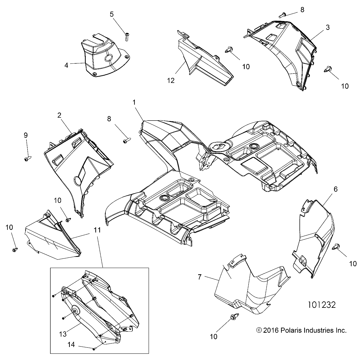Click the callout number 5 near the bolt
112,14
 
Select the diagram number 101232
322,305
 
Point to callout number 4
66,65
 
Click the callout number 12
171,81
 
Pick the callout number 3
328,27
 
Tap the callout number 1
134,102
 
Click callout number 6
336,189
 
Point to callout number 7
199,277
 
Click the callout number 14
71,345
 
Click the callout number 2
59,115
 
